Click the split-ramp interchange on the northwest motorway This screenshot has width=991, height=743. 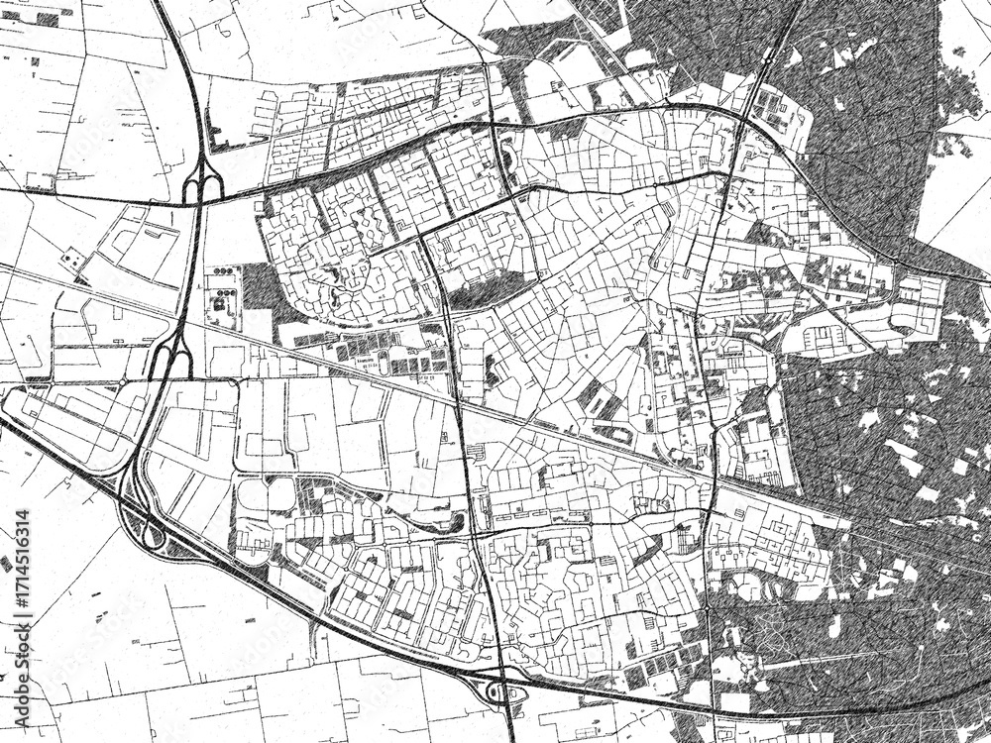point(201,183)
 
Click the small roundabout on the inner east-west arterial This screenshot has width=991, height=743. point(657,185)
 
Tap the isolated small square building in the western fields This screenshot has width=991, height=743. point(70,259)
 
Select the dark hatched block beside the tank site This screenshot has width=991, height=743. point(259,286)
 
